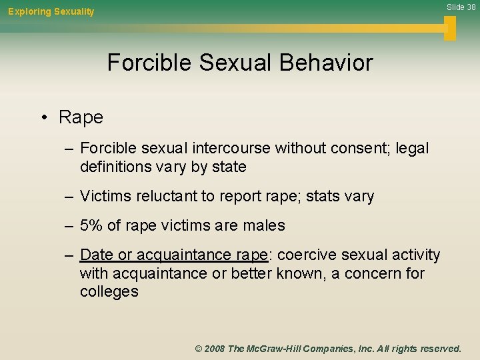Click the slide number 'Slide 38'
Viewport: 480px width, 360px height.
point(461,7)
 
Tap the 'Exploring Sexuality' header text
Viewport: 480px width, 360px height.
point(51,11)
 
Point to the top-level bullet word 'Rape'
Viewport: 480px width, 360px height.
point(81,117)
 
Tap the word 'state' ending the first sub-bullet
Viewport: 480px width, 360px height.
point(227,167)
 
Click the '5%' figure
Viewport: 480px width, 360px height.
point(91,226)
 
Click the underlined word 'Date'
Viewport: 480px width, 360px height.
point(96,255)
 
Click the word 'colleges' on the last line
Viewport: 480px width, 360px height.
point(109,291)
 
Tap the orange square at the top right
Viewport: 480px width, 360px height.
point(450,27)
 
